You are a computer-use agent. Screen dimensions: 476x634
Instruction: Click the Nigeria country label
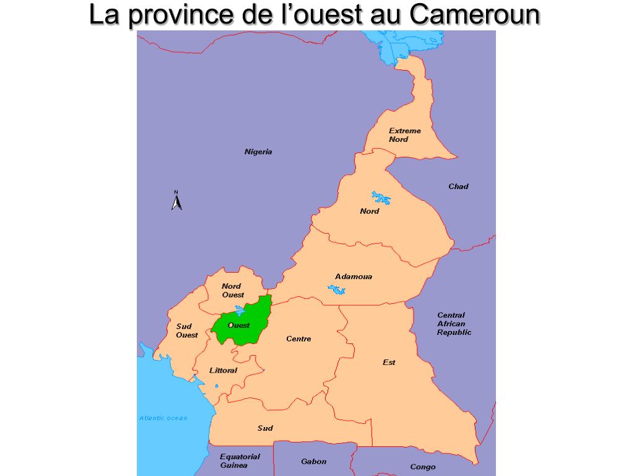coord(258,152)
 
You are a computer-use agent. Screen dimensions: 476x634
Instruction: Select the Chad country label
coord(458,187)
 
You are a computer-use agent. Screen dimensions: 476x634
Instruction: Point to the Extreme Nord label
coord(404,135)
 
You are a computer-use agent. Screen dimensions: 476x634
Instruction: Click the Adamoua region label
coord(354,276)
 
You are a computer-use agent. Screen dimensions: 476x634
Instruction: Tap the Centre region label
coord(298,339)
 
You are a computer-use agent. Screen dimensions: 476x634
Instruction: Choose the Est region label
coord(389,363)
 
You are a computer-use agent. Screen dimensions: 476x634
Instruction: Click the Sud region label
coord(265,428)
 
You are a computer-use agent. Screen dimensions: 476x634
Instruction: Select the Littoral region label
coord(223,371)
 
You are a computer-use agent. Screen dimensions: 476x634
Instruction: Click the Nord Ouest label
coord(232,291)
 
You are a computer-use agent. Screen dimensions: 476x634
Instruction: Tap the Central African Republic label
coord(454,324)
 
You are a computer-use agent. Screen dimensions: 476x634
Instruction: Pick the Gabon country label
coord(313,462)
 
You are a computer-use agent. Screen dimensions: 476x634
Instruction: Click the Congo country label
coord(423,467)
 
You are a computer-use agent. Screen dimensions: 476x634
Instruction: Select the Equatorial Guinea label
coord(240,461)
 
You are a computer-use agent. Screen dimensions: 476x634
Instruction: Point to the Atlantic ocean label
coord(163,418)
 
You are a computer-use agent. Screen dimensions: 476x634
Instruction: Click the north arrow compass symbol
coord(176,201)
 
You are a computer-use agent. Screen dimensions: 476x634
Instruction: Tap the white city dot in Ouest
coord(230,325)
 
